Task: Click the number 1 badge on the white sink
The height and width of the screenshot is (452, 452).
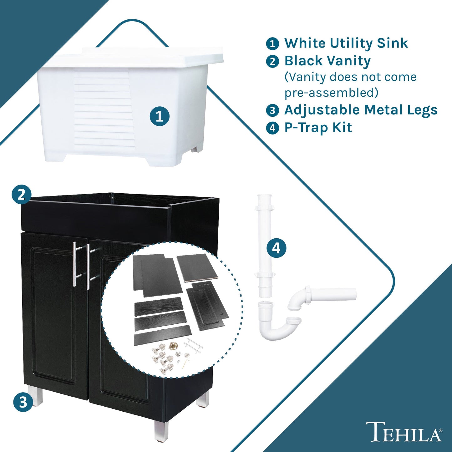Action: [x=159, y=116]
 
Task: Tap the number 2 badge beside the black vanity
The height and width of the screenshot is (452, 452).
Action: [x=21, y=195]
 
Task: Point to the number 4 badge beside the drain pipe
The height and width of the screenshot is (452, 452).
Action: [x=276, y=248]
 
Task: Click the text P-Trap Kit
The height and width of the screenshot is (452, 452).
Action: [x=318, y=128]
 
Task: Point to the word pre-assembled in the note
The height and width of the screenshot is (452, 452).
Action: [x=331, y=93]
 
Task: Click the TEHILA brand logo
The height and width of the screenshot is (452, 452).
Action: [x=404, y=432]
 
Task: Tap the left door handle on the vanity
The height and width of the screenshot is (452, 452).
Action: [x=75, y=264]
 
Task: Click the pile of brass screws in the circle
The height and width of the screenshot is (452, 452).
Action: [x=173, y=346]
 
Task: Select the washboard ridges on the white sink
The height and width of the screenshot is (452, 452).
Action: [x=103, y=109]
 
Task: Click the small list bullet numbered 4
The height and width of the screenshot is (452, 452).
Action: [x=272, y=128]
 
